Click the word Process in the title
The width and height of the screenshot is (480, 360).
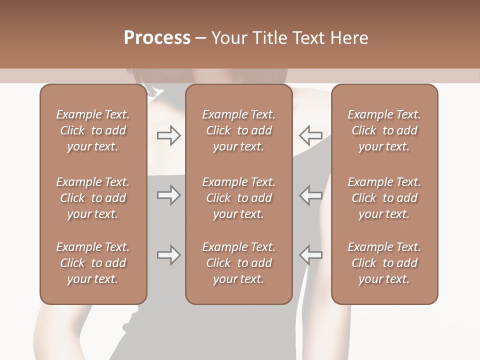(x=157, y=38)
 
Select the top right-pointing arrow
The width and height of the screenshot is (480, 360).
(x=169, y=135)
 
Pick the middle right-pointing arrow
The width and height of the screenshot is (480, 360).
(x=169, y=195)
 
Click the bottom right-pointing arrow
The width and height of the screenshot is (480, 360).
(x=169, y=255)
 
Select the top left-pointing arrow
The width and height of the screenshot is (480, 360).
(x=310, y=135)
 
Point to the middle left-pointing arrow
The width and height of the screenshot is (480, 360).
(x=310, y=195)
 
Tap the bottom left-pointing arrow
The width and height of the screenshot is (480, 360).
(x=310, y=255)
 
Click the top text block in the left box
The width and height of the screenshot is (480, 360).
(x=93, y=130)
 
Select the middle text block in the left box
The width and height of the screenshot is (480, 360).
(x=93, y=198)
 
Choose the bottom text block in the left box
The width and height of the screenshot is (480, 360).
(x=93, y=263)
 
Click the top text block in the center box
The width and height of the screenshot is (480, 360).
(x=238, y=130)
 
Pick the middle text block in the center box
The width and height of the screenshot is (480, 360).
(x=238, y=198)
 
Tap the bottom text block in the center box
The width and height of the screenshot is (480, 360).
(x=238, y=263)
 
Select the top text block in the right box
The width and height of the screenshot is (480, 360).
(x=384, y=130)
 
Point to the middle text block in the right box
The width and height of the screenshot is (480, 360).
(x=384, y=198)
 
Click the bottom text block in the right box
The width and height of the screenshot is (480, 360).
(x=384, y=263)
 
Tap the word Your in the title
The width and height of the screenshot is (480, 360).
(x=228, y=38)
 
